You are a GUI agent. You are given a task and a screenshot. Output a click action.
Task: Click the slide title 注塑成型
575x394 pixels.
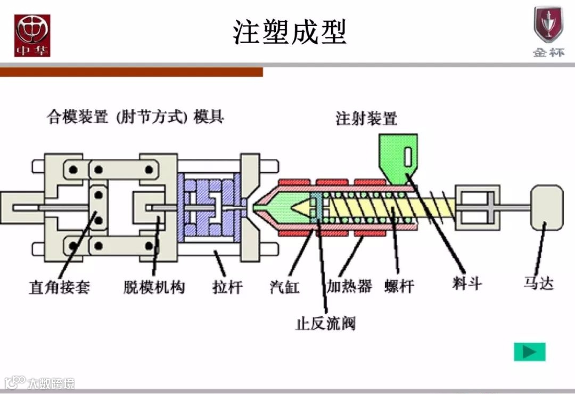click(x=290, y=32)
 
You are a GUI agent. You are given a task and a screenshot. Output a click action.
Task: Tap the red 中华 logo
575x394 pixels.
click(x=32, y=35)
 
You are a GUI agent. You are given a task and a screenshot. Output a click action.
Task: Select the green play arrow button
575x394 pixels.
click(x=529, y=352)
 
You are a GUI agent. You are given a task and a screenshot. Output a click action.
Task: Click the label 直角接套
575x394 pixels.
click(x=59, y=288)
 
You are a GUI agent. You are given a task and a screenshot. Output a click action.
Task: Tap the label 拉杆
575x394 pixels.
click(x=227, y=288)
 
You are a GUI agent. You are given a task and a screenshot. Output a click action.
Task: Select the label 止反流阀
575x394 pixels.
click(x=325, y=323)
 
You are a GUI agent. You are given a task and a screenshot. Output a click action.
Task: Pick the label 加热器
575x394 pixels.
click(x=349, y=286)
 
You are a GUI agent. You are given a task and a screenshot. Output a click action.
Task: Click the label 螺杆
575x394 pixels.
click(x=399, y=287)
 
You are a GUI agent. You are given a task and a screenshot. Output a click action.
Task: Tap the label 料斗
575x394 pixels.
click(x=467, y=284)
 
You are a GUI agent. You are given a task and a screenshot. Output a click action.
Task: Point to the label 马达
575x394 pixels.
click(x=538, y=283)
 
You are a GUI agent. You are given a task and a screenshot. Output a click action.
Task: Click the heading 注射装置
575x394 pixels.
click(x=366, y=118)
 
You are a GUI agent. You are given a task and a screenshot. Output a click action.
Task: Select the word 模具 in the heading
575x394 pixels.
click(x=209, y=117)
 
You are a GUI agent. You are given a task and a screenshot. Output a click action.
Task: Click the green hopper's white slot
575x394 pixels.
click(x=408, y=157)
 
